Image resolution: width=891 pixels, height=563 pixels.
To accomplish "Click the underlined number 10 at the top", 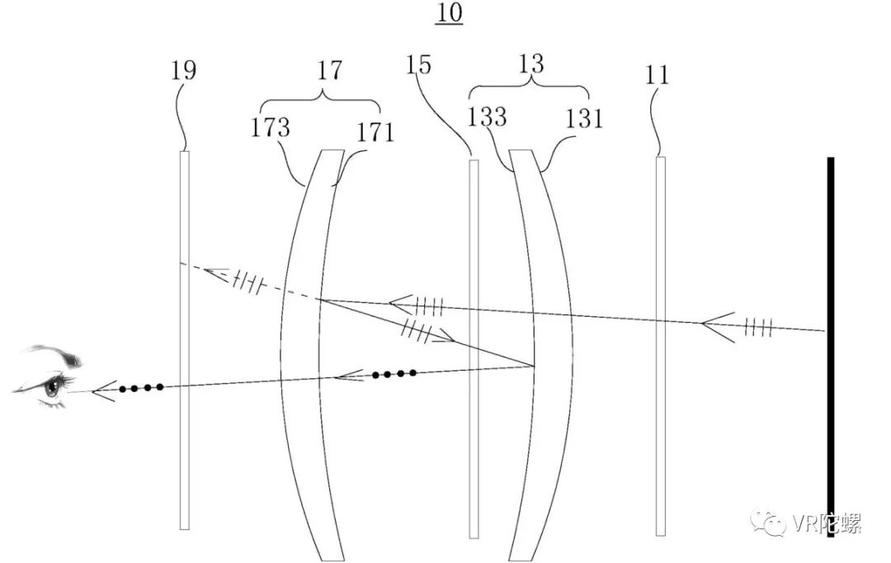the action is tap(449, 13).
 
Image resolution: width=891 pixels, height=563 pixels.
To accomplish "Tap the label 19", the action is tap(184, 70).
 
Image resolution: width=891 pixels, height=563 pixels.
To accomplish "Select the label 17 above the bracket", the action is tap(329, 71).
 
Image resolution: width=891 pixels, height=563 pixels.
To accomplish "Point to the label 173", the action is tap(271, 128).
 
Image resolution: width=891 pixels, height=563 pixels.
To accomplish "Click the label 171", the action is tap(376, 131).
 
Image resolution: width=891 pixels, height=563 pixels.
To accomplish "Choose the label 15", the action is tap(418, 65).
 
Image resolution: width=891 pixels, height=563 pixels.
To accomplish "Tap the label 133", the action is tap(487, 117).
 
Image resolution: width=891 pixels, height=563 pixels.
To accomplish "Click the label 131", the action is tap(584, 118).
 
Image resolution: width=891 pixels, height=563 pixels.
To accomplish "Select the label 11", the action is tap(658, 75).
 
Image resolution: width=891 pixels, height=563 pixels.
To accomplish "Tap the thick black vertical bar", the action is tap(831, 347).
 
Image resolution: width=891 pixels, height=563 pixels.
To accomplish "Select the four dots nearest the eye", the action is tap(140, 386).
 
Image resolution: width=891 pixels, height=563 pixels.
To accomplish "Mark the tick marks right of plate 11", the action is tap(758, 328).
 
